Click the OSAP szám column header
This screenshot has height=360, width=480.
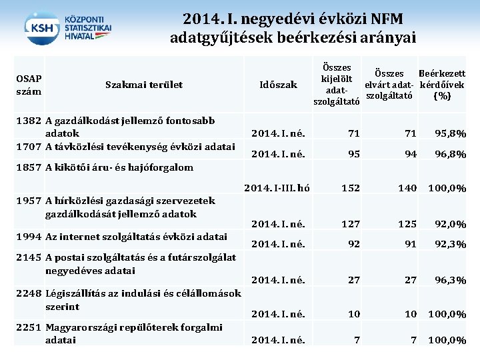[x=28, y=84]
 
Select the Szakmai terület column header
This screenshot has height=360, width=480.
[x=144, y=85]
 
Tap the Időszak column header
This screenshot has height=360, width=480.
[x=278, y=85]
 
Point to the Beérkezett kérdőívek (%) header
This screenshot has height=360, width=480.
[x=441, y=85]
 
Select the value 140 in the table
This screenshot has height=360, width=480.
[x=407, y=189]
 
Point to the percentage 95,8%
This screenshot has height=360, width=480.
[x=450, y=134]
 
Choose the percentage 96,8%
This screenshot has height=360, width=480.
[x=450, y=154]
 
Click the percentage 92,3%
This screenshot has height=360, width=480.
[x=450, y=244]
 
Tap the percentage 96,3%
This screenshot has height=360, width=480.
[x=450, y=281]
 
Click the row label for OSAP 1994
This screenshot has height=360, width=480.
[x=136, y=236]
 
